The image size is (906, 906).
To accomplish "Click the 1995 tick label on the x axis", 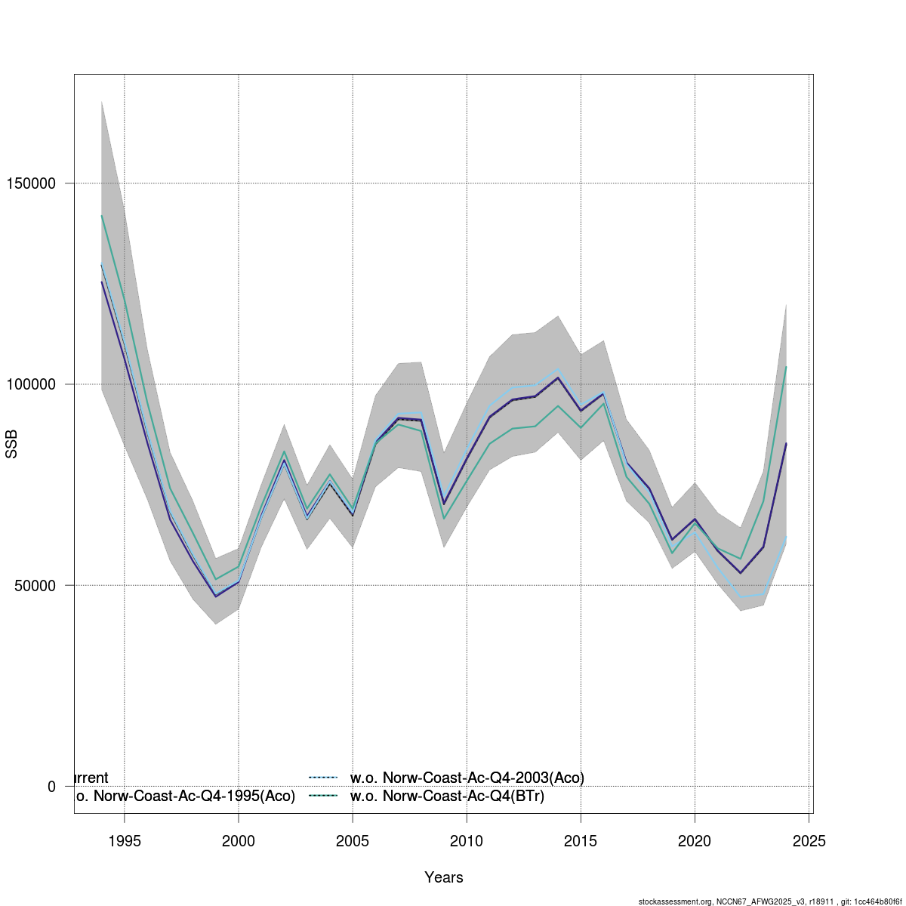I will click(x=125, y=841).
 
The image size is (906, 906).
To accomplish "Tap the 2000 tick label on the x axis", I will click(x=239, y=841).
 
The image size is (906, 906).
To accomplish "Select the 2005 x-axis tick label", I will click(x=353, y=841).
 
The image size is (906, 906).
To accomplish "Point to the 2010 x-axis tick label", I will click(x=467, y=841).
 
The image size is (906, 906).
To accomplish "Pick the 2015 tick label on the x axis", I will click(x=581, y=841).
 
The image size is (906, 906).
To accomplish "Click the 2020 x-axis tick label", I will click(x=695, y=841).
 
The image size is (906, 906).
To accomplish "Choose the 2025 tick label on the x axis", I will click(x=809, y=841).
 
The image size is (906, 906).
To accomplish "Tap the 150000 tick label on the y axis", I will click(x=31, y=183).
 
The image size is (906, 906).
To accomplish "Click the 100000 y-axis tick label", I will click(x=31, y=384).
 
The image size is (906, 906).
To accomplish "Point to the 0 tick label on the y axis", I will click(x=51, y=787).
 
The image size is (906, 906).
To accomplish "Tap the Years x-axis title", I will click(x=444, y=877).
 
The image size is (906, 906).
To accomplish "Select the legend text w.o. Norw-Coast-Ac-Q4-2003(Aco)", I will click(x=467, y=778).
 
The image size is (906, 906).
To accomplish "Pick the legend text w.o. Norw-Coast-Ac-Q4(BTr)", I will click(x=447, y=797).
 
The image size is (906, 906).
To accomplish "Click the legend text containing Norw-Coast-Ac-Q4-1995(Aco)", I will click(x=185, y=797).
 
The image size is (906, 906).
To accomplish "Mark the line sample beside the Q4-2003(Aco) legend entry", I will click(x=322, y=778).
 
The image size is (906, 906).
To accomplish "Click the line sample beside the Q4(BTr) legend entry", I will click(x=322, y=797).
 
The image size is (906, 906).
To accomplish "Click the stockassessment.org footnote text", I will click(x=770, y=901).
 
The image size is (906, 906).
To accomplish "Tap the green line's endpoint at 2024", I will click(x=786, y=367).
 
